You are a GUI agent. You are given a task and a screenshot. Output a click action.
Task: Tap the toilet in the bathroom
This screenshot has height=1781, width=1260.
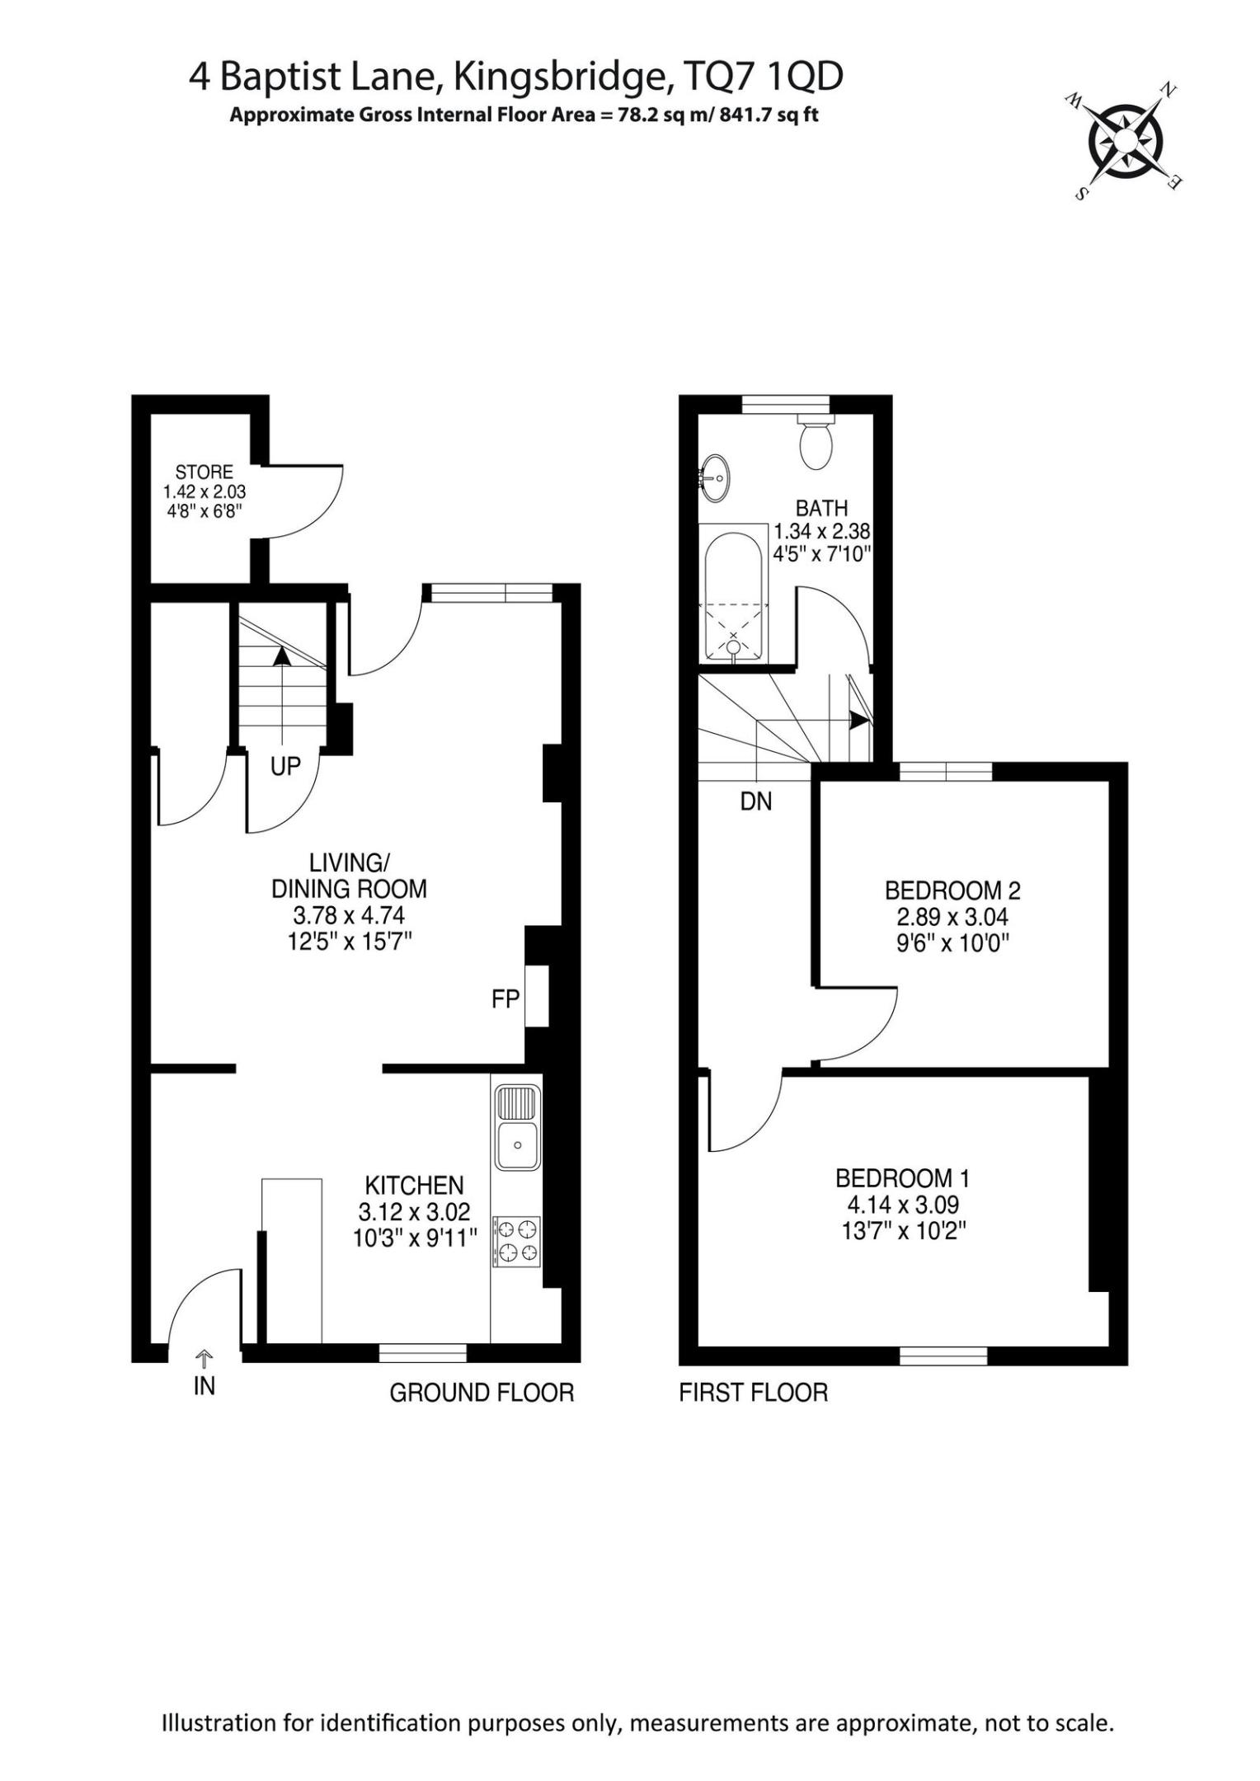pos(816,440)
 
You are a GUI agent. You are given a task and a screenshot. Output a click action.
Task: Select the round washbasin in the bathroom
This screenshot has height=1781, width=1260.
pos(714,477)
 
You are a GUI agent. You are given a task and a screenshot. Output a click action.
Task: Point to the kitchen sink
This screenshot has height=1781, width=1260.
pos(517,1127)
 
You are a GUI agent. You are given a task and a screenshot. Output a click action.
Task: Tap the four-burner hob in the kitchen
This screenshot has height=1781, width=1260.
pos(517,1241)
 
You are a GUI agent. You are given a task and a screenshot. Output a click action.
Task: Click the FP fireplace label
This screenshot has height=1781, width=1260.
pos(505,999)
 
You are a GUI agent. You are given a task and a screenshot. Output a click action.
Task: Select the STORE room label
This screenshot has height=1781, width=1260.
pos(205,472)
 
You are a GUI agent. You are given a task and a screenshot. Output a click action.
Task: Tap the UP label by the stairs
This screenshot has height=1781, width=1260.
pos(285,766)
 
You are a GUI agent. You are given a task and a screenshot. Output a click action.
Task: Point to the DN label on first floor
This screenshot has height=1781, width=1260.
pos(756,801)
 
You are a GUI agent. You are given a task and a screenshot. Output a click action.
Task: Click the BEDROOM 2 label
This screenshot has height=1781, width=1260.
pos(952,890)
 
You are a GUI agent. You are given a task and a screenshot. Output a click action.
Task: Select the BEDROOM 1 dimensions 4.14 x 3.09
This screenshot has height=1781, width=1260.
pos(903,1205)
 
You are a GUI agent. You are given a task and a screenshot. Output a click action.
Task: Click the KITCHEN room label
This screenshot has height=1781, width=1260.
pos(414,1186)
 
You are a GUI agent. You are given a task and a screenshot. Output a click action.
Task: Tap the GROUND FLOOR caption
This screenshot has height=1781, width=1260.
pos(482,1393)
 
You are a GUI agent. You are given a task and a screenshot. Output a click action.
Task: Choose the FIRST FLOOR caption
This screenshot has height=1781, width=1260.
pos(753,1393)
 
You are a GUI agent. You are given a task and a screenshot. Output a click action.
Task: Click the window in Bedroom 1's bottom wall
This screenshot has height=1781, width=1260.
pos(943,1355)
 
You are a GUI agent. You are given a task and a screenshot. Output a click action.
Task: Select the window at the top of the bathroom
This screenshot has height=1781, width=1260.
pos(786,403)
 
